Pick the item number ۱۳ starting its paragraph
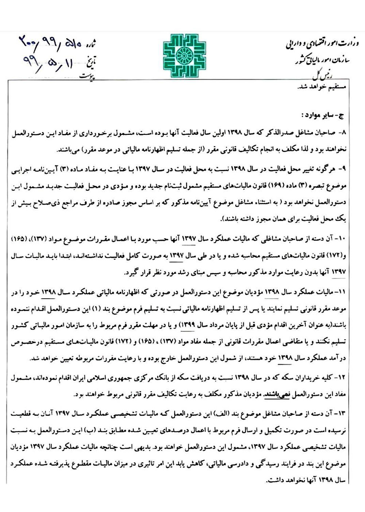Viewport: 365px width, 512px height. pos(342,413)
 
